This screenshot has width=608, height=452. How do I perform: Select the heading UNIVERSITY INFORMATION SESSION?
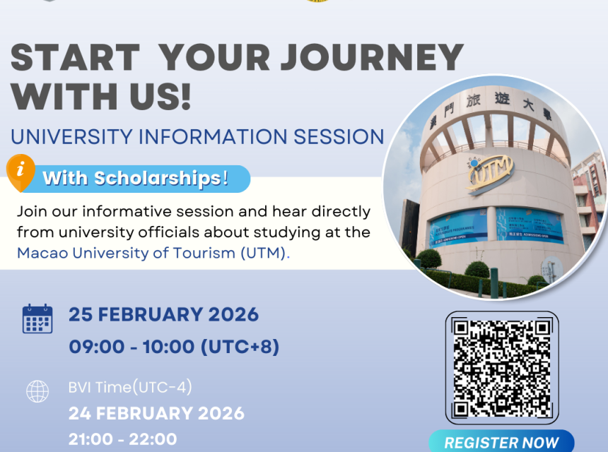tap(197, 136)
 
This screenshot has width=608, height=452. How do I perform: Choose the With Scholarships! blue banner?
tap(141, 179)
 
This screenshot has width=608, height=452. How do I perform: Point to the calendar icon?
tap(37, 319)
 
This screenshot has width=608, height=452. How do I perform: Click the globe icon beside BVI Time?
tap(37, 391)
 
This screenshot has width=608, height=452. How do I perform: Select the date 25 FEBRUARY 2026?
tap(163, 314)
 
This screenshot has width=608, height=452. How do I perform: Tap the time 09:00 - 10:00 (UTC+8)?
tap(174, 347)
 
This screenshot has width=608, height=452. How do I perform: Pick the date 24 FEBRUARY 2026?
tap(156, 413)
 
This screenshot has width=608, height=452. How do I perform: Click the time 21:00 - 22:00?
tap(122, 439)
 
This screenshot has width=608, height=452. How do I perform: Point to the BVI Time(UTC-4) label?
tap(130, 387)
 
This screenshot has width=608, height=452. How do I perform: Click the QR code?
tap(501, 367)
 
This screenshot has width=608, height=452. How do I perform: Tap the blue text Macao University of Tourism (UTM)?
tap(153, 253)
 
